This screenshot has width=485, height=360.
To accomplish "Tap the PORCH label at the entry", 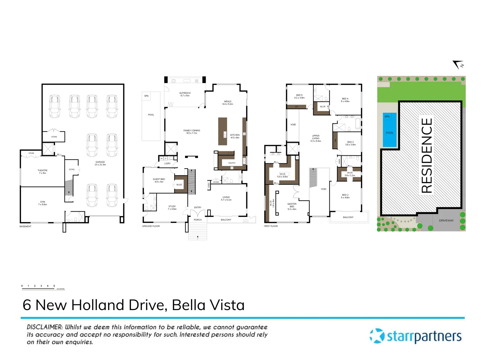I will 198,220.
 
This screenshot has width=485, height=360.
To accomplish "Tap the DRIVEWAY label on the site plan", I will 446,220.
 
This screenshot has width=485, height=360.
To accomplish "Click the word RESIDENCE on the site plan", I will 427,155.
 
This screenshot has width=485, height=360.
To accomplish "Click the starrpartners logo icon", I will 377,336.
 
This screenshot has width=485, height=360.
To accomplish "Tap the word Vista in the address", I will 225,305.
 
